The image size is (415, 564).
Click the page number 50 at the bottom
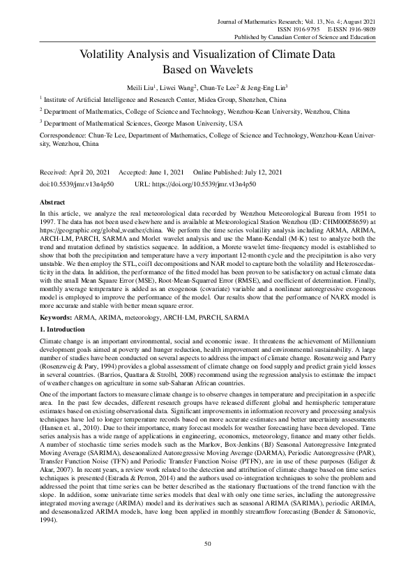[207, 543]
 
